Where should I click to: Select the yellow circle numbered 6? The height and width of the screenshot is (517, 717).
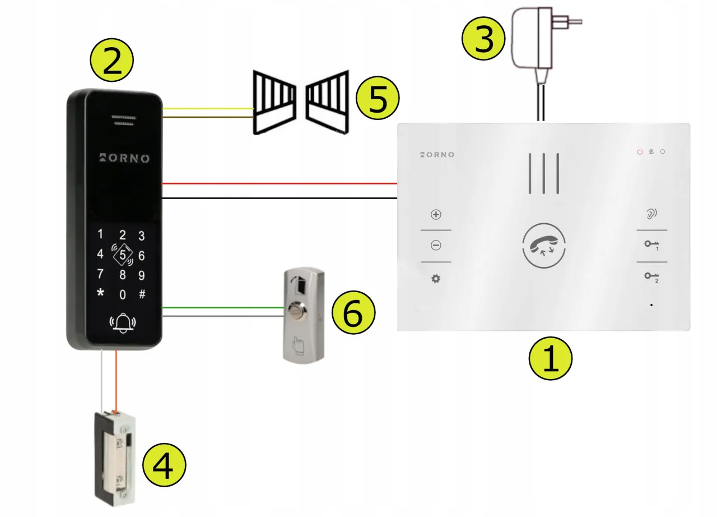tap(353, 315)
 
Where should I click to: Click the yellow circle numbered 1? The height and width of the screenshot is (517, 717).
tap(551, 359)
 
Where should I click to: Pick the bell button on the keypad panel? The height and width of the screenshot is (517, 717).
tap(123, 323)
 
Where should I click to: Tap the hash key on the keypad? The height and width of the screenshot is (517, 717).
tap(142, 294)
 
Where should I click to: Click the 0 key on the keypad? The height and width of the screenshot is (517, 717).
tap(123, 294)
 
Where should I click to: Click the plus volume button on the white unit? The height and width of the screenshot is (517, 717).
tap(436, 215)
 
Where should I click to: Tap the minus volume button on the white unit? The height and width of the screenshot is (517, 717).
tap(436, 245)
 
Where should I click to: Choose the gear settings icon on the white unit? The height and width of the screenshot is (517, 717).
tap(435, 278)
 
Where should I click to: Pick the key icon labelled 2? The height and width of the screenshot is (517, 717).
tap(651, 276)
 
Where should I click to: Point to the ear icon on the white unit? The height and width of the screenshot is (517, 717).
tap(651, 214)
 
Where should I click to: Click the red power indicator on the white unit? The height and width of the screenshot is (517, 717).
tap(640, 152)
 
